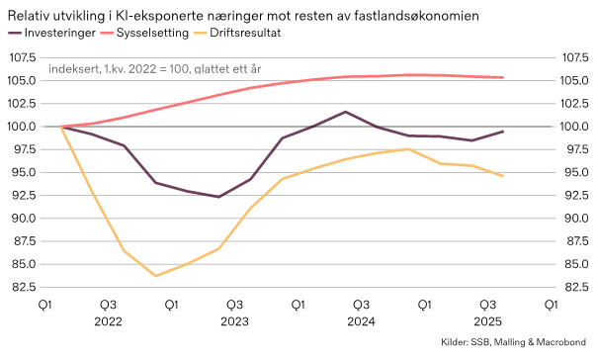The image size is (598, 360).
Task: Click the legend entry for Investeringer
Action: (65, 34)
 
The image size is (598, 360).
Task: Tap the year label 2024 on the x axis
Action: (361, 321)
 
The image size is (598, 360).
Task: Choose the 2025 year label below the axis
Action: (487, 321)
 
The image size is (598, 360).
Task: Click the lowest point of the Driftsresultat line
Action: (155, 276)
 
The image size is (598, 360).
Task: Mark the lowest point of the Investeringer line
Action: (218, 197)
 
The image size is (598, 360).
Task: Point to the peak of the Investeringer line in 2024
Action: (345, 112)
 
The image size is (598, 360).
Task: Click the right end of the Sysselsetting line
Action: (504, 78)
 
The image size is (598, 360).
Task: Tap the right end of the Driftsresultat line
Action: (504, 176)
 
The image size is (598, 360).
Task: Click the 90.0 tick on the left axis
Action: (25, 219)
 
